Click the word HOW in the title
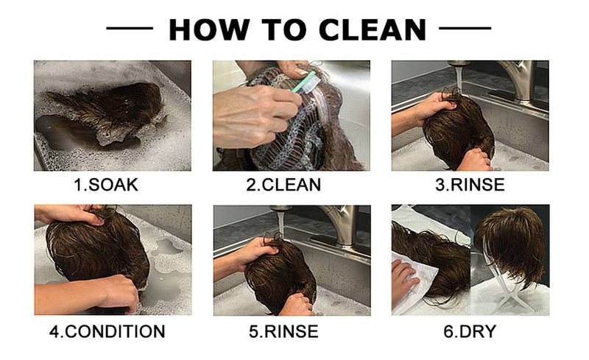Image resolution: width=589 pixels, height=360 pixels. tap(209, 29)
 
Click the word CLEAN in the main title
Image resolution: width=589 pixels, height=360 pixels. tap(373, 29)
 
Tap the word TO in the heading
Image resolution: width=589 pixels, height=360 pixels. tap(284, 29)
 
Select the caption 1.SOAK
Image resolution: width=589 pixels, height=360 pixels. tap(106, 185)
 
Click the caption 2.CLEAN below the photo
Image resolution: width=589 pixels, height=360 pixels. tap(283, 185)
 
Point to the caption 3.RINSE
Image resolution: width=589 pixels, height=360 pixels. tap(470, 185)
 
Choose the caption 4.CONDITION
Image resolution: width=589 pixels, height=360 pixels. tap(107, 331)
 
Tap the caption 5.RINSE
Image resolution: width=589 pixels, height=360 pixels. tap(283, 331)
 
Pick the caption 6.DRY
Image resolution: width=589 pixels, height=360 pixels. tap(470, 331)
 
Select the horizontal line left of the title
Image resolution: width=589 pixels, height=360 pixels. tap(130, 28)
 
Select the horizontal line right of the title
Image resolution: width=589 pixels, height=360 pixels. tap(465, 28)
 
